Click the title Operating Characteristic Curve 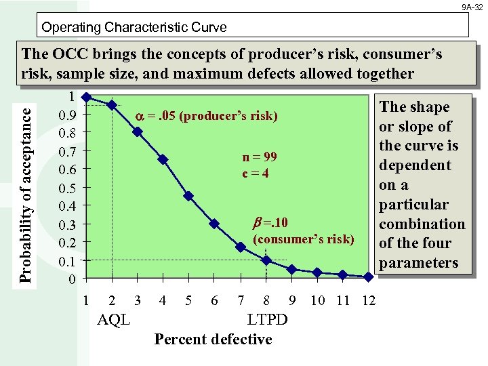pos(134,28)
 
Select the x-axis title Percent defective pos(213,339)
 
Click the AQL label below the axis pos(114,319)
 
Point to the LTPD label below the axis pos(267,319)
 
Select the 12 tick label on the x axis pos(369,300)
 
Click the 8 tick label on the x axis pos(266,300)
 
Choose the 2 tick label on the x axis pos(112,300)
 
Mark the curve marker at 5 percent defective pos(188,196)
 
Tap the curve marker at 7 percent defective pos(240,247)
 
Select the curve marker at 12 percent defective pos(368,277)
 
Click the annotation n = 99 pos(260,157)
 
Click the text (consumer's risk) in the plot pos(303,239)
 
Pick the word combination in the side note pos(422,224)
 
